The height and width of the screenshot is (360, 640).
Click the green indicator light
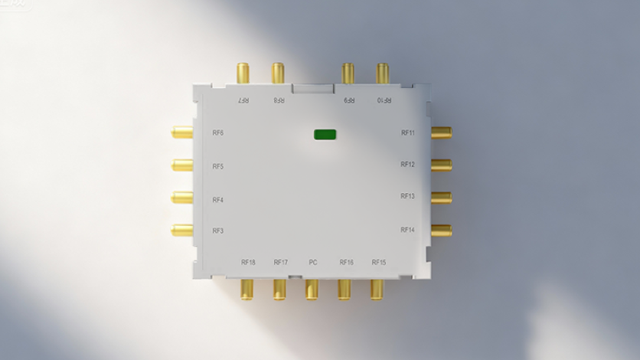(325, 135)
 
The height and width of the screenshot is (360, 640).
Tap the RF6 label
(218, 133)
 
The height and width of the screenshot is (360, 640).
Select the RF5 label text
(218, 167)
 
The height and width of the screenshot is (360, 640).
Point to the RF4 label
(218, 201)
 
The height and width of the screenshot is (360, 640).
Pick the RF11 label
(408, 133)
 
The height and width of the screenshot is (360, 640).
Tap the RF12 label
(407, 165)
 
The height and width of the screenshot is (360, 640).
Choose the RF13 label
(407, 197)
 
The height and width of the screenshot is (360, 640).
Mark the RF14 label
(407, 230)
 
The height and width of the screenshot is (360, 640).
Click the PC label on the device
(313, 263)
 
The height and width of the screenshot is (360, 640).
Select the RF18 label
(248, 263)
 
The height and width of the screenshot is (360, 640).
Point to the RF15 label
(379, 263)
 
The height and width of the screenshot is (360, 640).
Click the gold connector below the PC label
(312, 289)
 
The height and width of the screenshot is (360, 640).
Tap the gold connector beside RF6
(182, 133)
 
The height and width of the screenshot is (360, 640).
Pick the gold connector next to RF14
(441, 231)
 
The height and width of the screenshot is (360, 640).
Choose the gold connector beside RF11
(441, 133)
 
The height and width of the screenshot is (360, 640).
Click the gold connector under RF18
(247, 289)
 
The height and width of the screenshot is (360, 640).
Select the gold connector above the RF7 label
(243, 74)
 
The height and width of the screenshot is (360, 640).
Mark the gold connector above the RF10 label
(383, 74)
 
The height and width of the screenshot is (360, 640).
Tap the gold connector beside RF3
(182, 230)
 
